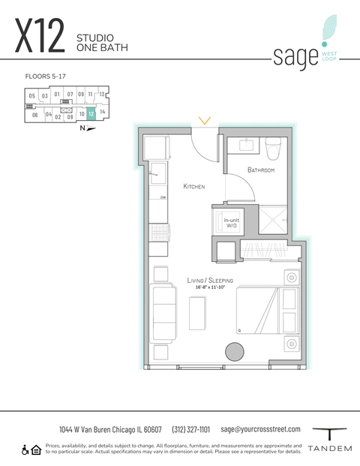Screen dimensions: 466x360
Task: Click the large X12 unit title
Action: (39, 38)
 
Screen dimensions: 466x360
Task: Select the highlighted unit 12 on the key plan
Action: (90, 115)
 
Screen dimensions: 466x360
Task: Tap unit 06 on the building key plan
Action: (34, 116)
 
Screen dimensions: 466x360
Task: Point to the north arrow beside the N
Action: (91, 128)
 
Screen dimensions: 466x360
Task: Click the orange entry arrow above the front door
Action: (205, 120)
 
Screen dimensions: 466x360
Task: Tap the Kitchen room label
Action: (194, 186)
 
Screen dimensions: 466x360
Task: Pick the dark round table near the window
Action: (235, 352)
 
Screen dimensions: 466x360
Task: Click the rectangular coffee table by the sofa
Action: (198, 313)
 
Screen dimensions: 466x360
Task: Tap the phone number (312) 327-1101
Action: (191, 429)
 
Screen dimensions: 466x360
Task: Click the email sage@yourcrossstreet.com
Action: (260, 429)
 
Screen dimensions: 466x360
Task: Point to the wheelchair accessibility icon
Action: (25, 449)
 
